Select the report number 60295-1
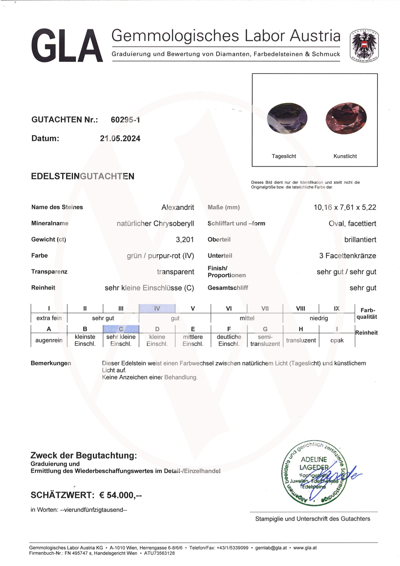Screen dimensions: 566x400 tap(125, 120)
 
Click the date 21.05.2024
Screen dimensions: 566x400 tap(120, 138)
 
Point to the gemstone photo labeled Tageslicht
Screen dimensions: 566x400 tap(287, 119)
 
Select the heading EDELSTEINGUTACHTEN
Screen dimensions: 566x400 tap(82, 176)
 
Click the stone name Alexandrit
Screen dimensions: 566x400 tap(177, 207)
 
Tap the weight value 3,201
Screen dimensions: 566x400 tap(185, 240)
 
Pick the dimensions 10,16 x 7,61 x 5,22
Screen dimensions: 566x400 tap(345, 207)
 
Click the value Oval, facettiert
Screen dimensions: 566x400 tap(352, 223)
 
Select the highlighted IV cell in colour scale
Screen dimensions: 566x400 tap(157, 308)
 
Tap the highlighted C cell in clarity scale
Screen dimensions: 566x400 tap(121, 329)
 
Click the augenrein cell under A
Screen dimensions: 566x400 tap(49, 340)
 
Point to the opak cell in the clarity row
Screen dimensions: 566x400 tap(337, 340)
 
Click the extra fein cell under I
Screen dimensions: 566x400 tap(49, 318)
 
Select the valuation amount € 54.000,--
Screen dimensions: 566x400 tap(120, 495)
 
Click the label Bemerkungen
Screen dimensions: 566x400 tap(51, 363)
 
